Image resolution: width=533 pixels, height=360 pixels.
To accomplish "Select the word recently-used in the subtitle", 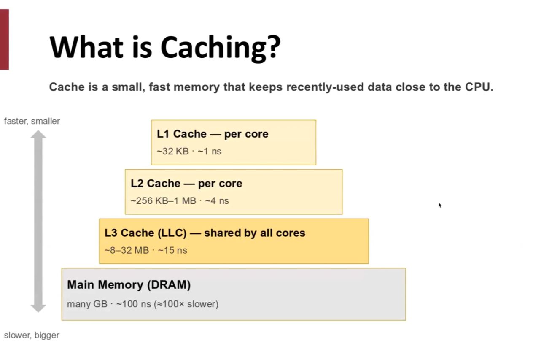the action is (x=325, y=87).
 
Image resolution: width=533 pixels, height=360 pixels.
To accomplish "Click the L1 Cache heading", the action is (x=213, y=134).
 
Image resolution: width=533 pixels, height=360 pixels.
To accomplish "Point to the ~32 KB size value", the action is (x=173, y=152).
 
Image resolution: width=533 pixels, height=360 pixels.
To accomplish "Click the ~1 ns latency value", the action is (x=210, y=152).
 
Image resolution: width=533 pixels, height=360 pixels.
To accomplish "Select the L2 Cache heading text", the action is (x=186, y=183).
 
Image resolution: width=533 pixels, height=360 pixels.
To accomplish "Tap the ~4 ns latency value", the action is (x=217, y=201).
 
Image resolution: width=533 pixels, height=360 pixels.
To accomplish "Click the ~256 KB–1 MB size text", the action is (x=164, y=201).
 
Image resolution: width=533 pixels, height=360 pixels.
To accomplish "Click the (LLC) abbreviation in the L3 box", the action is (x=172, y=233).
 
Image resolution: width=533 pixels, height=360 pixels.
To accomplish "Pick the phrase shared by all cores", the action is (x=255, y=233).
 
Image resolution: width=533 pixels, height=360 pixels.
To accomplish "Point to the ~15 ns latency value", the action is (x=172, y=250).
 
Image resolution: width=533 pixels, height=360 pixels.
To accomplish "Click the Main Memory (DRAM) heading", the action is (x=129, y=284).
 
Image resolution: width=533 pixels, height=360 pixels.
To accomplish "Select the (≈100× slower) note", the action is (x=186, y=304).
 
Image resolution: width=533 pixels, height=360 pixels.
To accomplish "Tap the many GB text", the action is (x=87, y=304).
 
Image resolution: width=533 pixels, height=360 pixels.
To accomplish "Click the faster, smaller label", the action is (x=32, y=121).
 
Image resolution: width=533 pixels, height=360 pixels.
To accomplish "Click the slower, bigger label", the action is (x=32, y=335).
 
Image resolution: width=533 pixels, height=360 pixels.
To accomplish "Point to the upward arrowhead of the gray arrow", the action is (x=38, y=134).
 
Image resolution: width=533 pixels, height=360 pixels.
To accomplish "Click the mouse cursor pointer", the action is (x=440, y=205).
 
